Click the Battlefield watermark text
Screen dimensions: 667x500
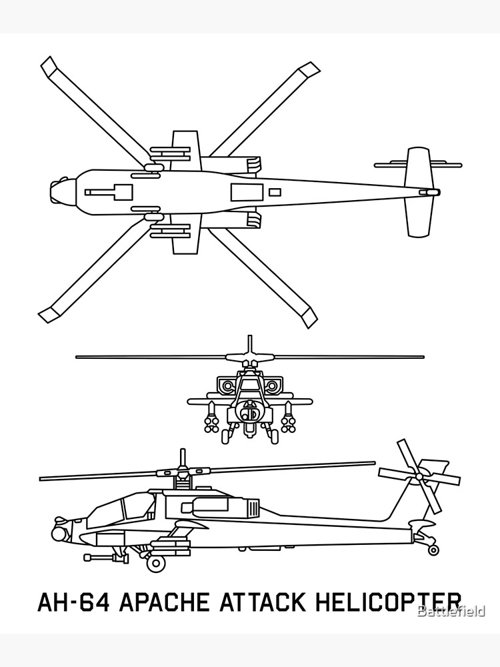[451, 610]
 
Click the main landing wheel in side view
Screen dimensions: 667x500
[156, 562]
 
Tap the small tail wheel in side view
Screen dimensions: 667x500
[433, 550]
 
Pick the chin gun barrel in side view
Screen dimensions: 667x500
[100, 556]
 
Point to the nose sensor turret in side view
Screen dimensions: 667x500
[60, 532]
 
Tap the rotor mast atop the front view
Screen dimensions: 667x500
[249, 346]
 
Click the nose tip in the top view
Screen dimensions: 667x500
[51, 192]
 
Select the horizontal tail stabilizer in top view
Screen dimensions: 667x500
[419, 192]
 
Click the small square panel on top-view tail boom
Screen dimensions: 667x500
[275, 192]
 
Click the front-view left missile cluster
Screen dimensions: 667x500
[210, 420]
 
